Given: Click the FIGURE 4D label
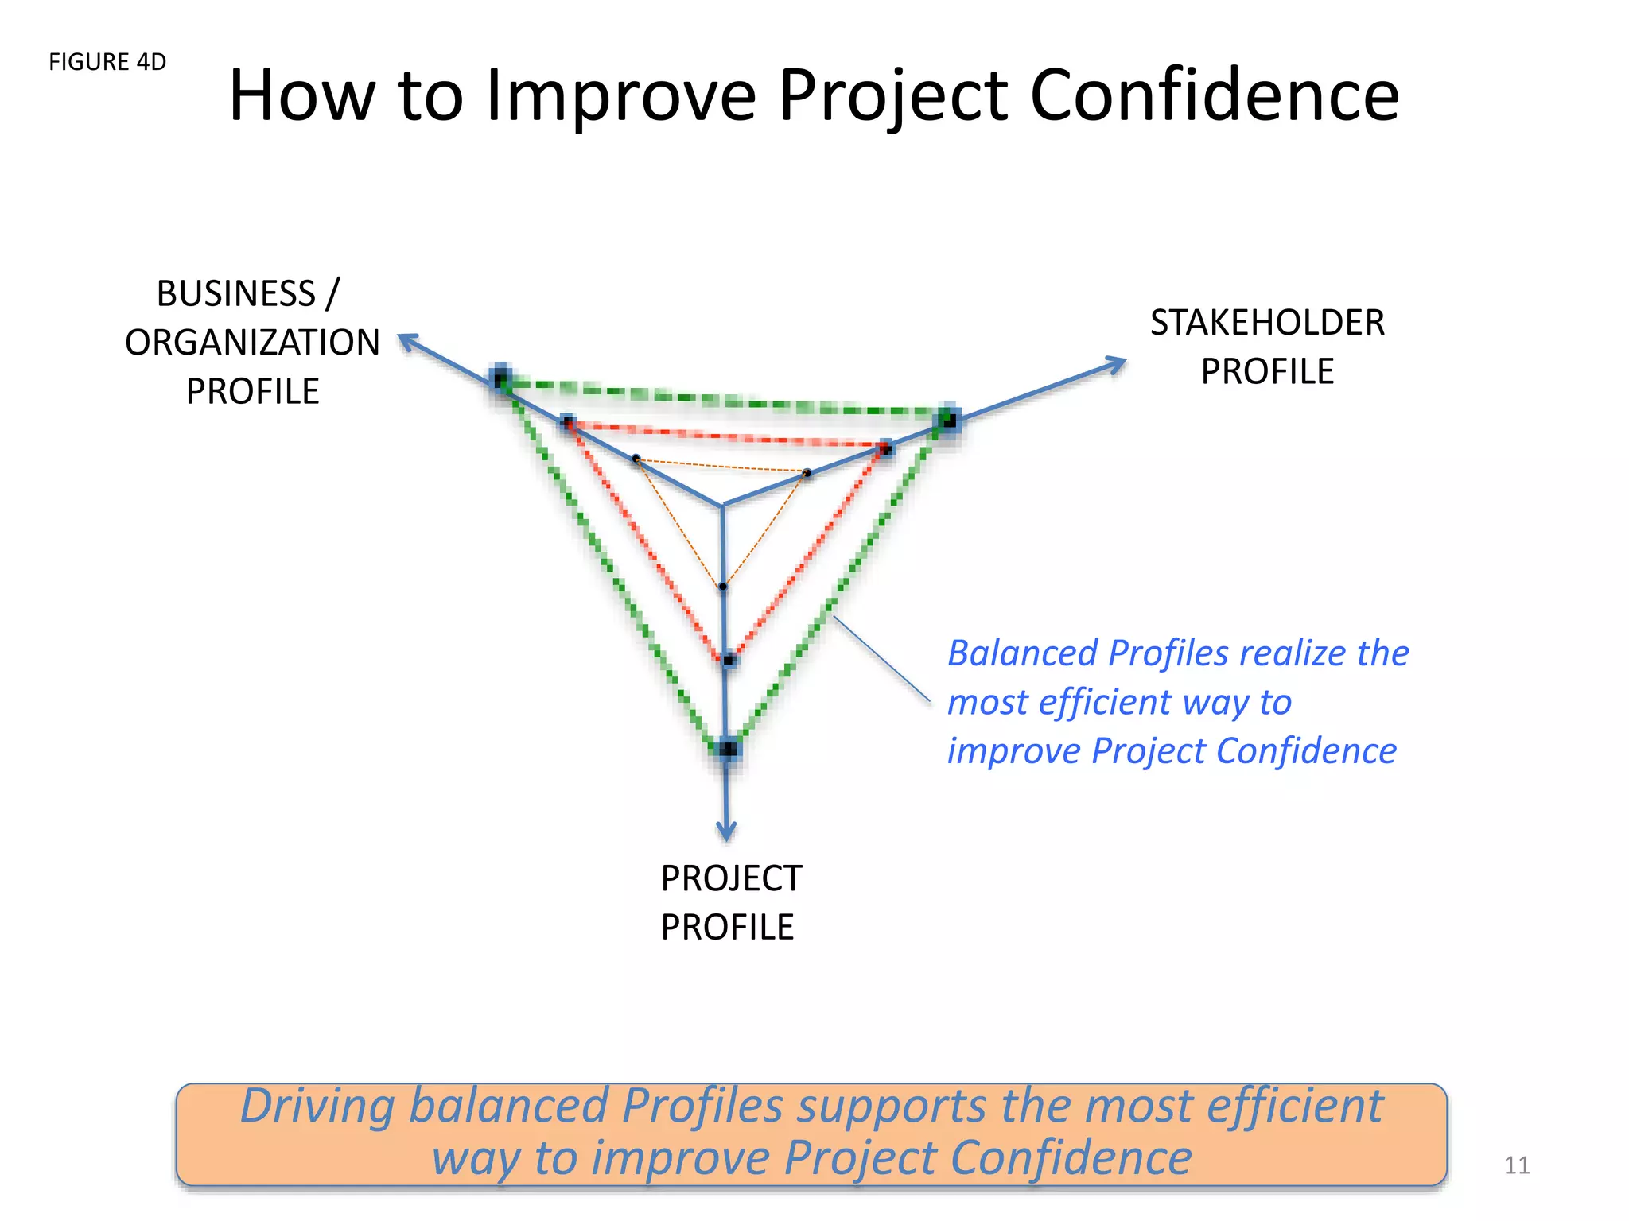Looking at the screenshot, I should click(107, 62).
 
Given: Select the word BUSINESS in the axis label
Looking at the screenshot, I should click(236, 293).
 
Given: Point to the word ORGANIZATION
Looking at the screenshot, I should click(252, 343).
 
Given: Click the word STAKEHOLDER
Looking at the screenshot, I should click(1267, 323).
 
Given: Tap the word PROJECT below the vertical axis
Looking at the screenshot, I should click(731, 878).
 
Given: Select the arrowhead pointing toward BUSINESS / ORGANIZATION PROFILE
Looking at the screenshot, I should click(408, 342).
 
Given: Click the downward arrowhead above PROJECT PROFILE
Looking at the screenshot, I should click(726, 831).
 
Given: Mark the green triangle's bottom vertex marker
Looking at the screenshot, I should click(728, 748).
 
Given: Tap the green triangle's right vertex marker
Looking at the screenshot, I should click(948, 419).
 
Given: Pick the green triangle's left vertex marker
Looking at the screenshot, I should click(500, 379).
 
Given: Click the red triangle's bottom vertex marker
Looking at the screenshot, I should click(729, 660).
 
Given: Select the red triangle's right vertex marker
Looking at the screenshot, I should click(886, 449).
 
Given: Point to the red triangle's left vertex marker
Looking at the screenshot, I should click(567, 422).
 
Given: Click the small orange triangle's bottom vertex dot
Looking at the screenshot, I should click(722, 587).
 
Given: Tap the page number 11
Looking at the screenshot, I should click(1516, 1165).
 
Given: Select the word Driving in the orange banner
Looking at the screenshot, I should click(317, 1106).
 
